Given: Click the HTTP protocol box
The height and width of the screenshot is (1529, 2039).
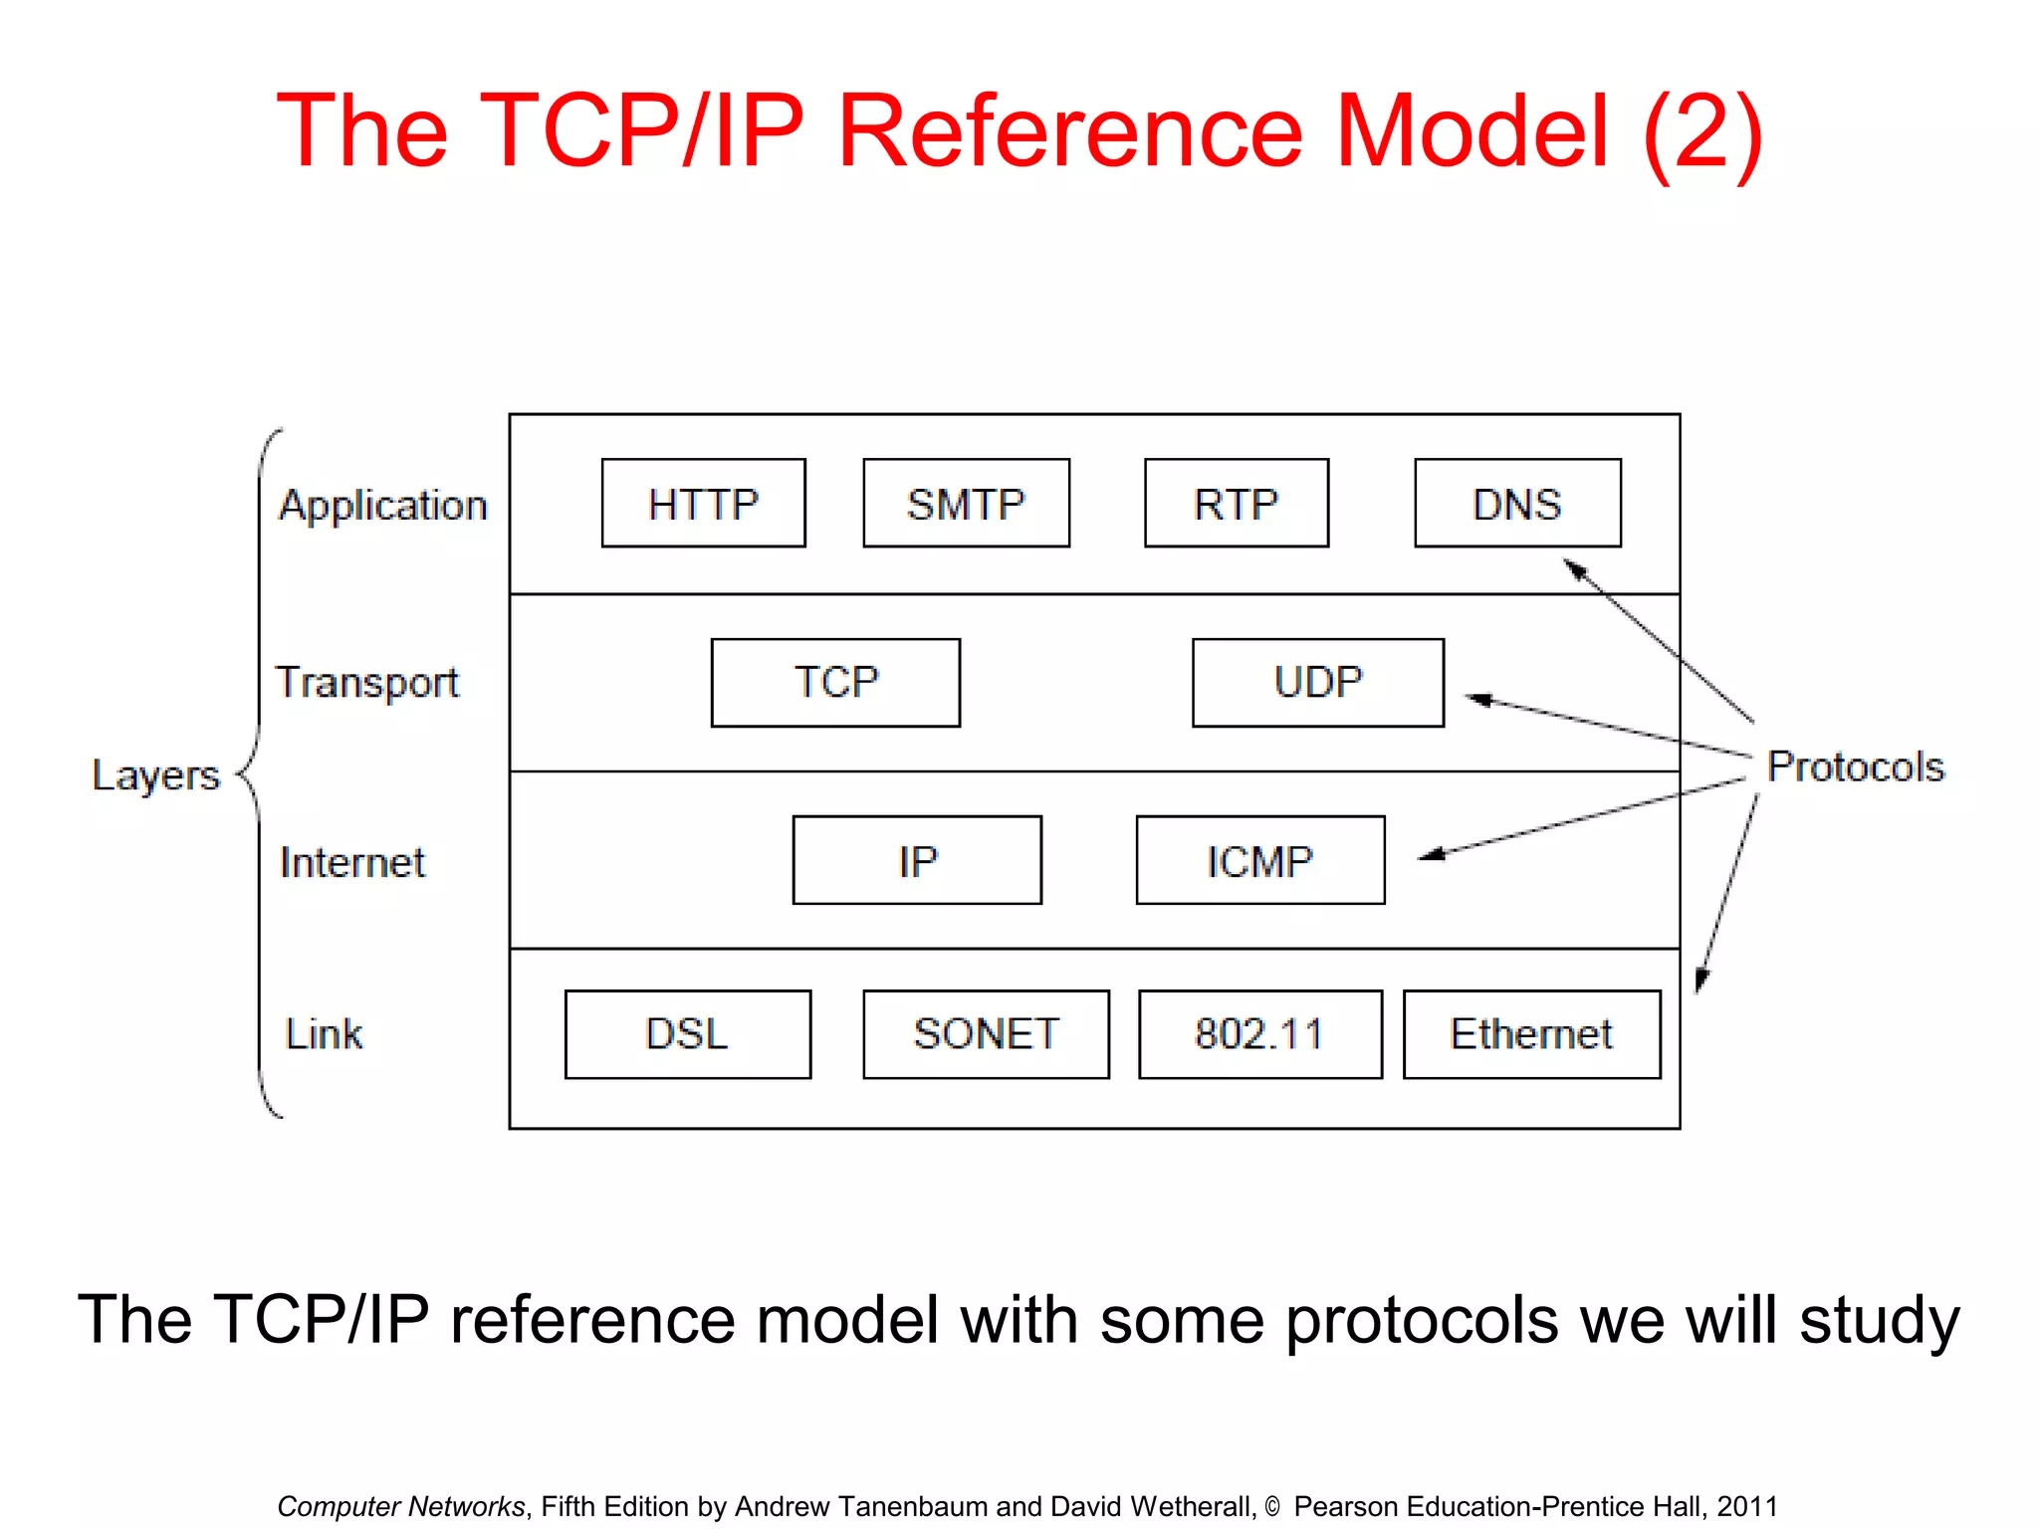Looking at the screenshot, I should pyautogui.click(x=703, y=503).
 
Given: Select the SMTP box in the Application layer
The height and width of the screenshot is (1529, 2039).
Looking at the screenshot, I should pyautogui.click(x=966, y=503).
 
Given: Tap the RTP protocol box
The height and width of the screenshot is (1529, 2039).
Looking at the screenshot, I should pyautogui.click(x=1236, y=503).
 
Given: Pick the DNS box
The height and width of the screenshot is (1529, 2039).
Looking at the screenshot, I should pyautogui.click(x=1516, y=503).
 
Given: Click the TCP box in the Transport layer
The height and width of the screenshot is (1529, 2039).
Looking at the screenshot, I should pyautogui.click(x=835, y=683).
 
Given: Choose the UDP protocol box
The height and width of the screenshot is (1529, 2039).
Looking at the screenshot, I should pyautogui.click(x=1317, y=683).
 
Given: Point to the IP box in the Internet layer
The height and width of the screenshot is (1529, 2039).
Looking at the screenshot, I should pyautogui.click(x=917, y=860).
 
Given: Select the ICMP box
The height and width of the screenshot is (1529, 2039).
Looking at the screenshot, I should pyautogui.click(x=1259, y=860).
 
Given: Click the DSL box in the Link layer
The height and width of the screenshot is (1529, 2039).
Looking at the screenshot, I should pyautogui.click(x=687, y=1033).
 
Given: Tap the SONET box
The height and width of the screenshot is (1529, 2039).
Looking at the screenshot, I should pyautogui.click(x=986, y=1033).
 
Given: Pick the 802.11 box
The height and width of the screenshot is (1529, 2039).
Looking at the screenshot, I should pyautogui.click(x=1259, y=1033).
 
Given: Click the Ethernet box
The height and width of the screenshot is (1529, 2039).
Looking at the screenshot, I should pyautogui.click(x=1531, y=1033).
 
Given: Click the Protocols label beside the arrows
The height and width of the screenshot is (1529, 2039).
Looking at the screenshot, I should pyautogui.click(x=1855, y=766).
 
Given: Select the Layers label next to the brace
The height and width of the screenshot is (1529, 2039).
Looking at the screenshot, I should pyautogui.click(x=155, y=774).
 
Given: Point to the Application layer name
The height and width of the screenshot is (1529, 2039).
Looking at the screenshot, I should pyautogui.click(x=383, y=506).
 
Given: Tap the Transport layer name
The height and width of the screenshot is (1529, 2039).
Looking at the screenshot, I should pyautogui.click(x=367, y=683).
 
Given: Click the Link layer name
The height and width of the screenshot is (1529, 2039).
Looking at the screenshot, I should pyautogui.click(x=324, y=1033).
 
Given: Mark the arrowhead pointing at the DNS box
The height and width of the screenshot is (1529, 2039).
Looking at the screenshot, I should pyautogui.click(x=1574, y=569).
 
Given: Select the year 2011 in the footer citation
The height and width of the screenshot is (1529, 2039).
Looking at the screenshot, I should pyautogui.click(x=1746, y=1506).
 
